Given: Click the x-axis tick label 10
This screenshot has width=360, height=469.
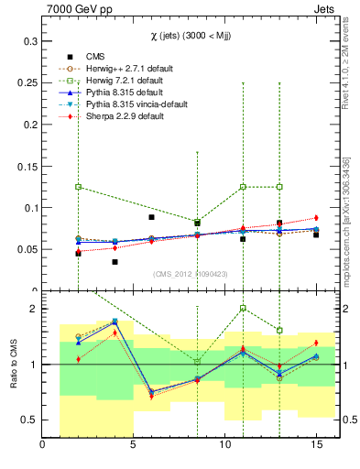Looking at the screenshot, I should click(x=224, y=445).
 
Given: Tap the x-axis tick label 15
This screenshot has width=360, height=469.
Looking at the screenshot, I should click(x=316, y=445).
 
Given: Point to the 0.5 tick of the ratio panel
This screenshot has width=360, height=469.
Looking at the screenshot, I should click(x=28, y=420).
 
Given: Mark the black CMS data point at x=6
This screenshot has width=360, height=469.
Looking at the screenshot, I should click(x=151, y=217).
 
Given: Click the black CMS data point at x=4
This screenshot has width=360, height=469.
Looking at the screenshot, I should click(x=115, y=262).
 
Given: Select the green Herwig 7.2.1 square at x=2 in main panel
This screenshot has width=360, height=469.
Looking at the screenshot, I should click(x=78, y=187).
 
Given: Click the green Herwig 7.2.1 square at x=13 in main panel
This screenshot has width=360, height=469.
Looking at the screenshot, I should click(x=279, y=187).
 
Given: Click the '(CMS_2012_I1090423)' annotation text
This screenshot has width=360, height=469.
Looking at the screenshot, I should click(x=191, y=273).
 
